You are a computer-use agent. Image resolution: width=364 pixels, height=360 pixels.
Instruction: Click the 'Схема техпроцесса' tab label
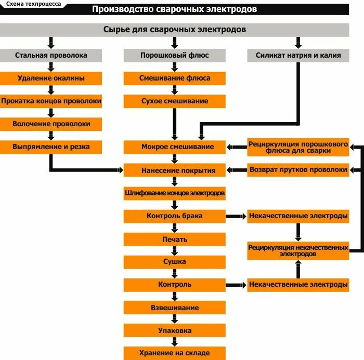click(x=33, y=4)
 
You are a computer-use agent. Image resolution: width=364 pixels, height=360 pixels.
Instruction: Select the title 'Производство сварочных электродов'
click(x=174, y=9)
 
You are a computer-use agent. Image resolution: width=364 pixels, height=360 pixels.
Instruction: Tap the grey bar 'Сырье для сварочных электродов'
click(x=174, y=30)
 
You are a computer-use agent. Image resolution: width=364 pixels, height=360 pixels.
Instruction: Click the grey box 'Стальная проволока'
click(x=51, y=55)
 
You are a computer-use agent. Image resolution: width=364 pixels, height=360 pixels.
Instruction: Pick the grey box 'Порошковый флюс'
click(x=174, y=55)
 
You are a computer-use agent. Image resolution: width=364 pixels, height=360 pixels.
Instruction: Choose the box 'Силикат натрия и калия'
click(x=298, y=55)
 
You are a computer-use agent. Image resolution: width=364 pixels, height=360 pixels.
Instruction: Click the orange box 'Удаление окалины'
click(x=51, y=78)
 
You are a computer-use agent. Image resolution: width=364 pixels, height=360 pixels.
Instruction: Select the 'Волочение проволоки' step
click(x=51, y=124)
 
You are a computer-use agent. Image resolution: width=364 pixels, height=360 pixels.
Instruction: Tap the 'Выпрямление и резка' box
click(x=51, y=147)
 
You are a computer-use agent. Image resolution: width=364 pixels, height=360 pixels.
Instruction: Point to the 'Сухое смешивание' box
click(x=174, y=101)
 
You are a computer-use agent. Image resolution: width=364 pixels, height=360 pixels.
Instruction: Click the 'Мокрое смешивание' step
click(x=174, y=147)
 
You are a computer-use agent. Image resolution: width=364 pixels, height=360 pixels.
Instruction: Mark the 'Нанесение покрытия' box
click(x=174, y=170)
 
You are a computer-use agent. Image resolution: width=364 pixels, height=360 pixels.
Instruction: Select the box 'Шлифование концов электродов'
click(x=174, y=193)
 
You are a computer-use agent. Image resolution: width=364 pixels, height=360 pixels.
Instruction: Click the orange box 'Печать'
click(x=174, y=239)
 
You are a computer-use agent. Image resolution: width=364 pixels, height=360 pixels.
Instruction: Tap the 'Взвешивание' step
click(x=174, y=308)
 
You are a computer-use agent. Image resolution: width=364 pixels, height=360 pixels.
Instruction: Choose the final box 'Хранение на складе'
click(x=174, y=353)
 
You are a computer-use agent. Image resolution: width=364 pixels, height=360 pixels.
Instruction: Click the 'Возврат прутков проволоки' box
click(x=298, y=170)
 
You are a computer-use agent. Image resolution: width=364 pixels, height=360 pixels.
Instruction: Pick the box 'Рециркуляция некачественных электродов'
click(x=298, y=251)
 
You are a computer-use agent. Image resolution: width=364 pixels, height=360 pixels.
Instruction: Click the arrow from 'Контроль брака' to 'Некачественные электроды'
click(x=236, y=216)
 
